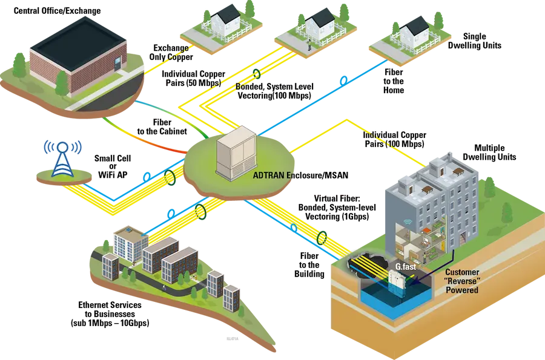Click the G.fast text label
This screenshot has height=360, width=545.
(x=405, y=266)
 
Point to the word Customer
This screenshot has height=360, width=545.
(x=463, y=273)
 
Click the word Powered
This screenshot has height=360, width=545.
(x=462, y=290)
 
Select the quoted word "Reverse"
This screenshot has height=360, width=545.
(x=462, y=282)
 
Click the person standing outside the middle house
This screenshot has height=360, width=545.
(x=309, y=44)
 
